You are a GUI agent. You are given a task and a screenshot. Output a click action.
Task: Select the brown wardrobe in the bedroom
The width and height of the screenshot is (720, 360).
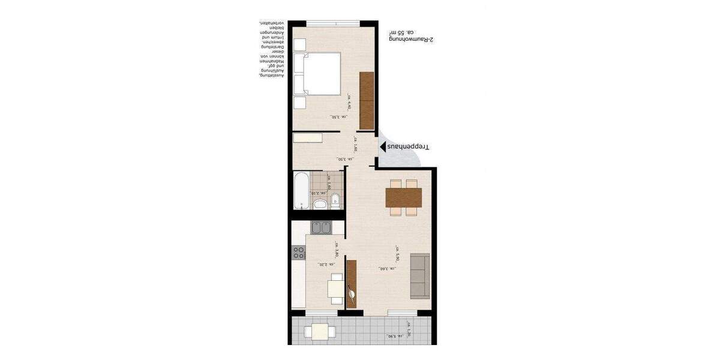coord(366,100)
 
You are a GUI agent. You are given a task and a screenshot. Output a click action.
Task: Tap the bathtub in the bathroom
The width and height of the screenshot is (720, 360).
coord(301,190)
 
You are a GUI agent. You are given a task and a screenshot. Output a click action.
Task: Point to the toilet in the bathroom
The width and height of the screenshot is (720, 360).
coord(335,201)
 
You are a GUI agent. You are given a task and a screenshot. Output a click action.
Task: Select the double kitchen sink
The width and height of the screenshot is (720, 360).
coord(322,227)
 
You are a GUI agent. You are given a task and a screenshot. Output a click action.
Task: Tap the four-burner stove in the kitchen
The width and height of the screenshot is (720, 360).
coord(299,253)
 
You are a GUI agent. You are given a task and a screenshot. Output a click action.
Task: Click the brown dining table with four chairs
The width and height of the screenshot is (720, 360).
coord(403,197)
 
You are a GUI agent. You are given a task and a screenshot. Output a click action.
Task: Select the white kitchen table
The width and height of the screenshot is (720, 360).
coord(336,290)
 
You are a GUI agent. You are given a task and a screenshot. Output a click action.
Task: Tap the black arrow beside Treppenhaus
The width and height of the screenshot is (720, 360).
coord(381,146)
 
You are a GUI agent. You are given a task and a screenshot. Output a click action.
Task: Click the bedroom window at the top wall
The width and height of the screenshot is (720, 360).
coord(332,23)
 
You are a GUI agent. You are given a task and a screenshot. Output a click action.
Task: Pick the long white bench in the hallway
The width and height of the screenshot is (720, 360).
coord(307,138)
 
